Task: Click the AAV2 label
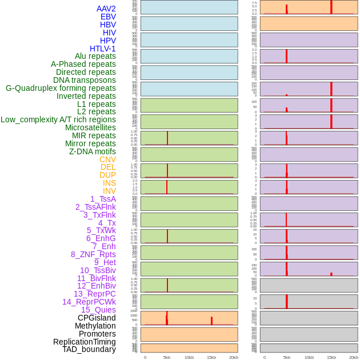pyautogui.click(x=106, y=9)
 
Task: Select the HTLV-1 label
pyautogui.click(x=103, y=49)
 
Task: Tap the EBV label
pyautogui.click(x=108, y=17)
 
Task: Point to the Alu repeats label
pyautogui.click(x=95, y=56)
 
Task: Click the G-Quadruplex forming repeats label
pyautogui.click(x=61, y=88)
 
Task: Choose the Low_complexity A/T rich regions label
pyautogui.click(x=58, y=119)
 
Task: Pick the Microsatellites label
pyautogui.click(x=90, y=127)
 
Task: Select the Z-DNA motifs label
pyautogui.click(x=93, y=151)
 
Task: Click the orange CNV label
pyautogui.click(x=107, y=159)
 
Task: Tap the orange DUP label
pyautogui.click(x=107, y=175)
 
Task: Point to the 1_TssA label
pyautogui.click(x=103, y=199)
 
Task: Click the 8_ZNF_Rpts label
pyautogui.click(x=93, y=254)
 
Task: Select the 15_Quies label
pyautogui.click(x=98, y=310)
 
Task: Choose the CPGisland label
pyautogui.click(x=97, y=318)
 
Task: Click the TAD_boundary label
pyautogui.click(x=89, y=349)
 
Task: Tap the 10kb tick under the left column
pyautogui.click(x=189, y=357)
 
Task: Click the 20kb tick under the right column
pyautogui.click(x=354, y=357)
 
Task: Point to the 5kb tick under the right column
pyautogui.click(x=287, y=357)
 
